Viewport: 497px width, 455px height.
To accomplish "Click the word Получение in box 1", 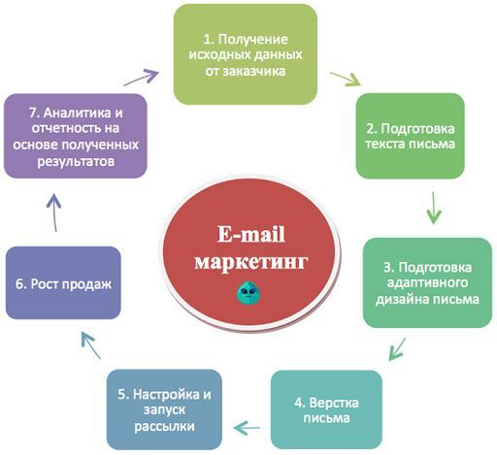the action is coord(252,40).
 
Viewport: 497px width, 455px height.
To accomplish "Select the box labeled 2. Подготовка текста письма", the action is coord(411,136).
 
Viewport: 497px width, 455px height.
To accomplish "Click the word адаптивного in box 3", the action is coord(427,283).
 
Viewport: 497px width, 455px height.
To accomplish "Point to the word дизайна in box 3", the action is coord(402,299).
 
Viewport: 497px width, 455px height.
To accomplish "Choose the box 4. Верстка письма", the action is coord(326,409).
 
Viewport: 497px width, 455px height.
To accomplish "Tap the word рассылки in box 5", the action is coord(164,426).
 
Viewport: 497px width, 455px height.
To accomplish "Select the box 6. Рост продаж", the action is coord(63,282).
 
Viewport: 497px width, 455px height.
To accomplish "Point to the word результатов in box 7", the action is coord(76,161).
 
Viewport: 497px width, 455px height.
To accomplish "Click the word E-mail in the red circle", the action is coord(251,234).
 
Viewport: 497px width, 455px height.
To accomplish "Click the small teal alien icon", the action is coord(248,292).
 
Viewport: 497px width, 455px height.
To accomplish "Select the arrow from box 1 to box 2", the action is coord(346,80).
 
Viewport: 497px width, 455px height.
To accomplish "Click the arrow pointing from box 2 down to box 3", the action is coord(434,208).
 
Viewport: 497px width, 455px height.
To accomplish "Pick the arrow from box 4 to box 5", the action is coord(247,428).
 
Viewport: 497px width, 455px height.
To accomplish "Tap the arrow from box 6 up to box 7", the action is coord(54,212).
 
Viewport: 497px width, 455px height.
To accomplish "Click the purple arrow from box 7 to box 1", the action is coord(142,78).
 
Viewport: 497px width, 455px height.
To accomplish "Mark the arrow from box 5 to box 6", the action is coord(90,345).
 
